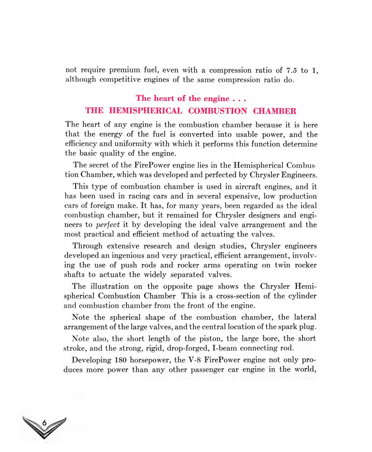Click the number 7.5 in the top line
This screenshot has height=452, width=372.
click(x=291, y=70)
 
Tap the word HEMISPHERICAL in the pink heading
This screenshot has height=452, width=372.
click(x=146, y=111)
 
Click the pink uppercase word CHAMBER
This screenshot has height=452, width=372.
click(x=275, y=111)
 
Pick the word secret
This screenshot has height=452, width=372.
click(x=100, y=165)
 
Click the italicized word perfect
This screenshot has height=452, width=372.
click(x=108, y=225)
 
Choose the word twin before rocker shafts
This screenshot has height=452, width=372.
click(x=282, y=265)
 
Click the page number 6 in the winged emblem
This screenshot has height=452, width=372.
click(x=44, y=423)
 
